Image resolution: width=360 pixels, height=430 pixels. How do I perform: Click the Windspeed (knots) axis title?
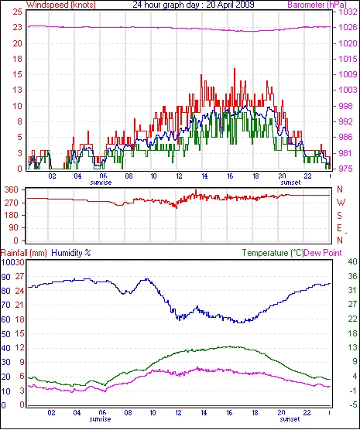coord(61,5)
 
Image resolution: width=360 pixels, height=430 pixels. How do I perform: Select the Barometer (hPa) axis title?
coord(317,5)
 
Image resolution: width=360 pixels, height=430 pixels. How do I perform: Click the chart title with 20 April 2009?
coord(194,5)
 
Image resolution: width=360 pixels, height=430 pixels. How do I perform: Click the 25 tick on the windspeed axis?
coord(17,12)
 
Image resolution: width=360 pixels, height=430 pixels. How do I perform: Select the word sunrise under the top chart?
coord(101,183)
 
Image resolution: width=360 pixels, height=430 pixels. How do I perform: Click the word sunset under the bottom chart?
coord(290,419)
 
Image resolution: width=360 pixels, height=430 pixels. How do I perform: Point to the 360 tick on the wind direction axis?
coord(12,189)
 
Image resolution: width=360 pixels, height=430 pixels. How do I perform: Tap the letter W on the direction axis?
coord(341,203)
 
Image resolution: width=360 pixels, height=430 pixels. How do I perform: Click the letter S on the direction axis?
coord(340,216)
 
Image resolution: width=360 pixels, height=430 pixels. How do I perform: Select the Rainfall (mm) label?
coord(24,253)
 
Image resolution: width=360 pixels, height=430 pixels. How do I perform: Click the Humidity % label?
coord(71,253)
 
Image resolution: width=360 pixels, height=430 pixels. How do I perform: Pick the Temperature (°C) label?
coord(273,253)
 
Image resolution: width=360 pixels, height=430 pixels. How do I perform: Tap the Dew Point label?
coord(323,253)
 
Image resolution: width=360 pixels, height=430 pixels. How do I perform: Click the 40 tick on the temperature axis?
coord(352,262)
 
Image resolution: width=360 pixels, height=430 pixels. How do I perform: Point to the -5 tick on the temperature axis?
coord(352,404)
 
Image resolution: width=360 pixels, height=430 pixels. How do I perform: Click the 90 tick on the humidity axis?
coord(5,277)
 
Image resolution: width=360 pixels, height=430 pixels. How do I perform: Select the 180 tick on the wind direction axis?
coord(12,215)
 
